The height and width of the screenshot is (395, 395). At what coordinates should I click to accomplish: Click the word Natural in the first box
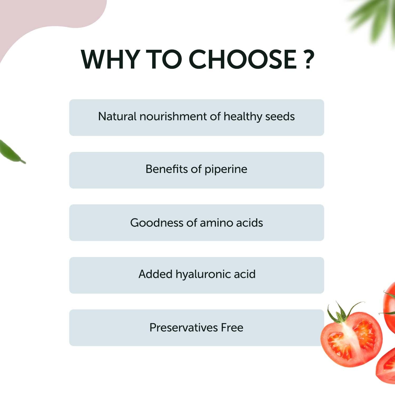[x=117, y=116]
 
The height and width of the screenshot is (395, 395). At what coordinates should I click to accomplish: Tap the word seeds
[x=280, y=116]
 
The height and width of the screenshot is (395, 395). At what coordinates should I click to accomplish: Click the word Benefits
[x=167, y=169]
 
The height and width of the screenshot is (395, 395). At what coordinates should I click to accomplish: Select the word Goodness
[x=157, y=223]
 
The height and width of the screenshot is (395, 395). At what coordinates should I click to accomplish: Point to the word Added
[x=156, y=274]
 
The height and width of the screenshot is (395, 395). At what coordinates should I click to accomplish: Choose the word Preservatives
[x=184, y=328]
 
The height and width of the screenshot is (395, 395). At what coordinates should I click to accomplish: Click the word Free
[x=232, y=328]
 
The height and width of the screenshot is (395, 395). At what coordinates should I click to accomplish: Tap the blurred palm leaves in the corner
[x=374, y=18]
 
